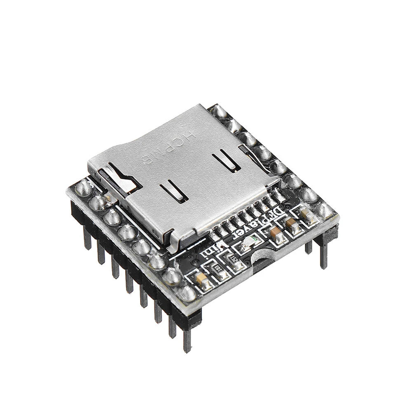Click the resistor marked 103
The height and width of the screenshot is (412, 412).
[x=217, y=268]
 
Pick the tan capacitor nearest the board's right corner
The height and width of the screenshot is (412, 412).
[x=305, y=213]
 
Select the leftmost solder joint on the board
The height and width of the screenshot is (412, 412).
[x=84, y=187]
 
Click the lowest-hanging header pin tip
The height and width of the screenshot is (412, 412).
[x=187, y=342]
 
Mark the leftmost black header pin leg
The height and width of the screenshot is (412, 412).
[x=87, y=239]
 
